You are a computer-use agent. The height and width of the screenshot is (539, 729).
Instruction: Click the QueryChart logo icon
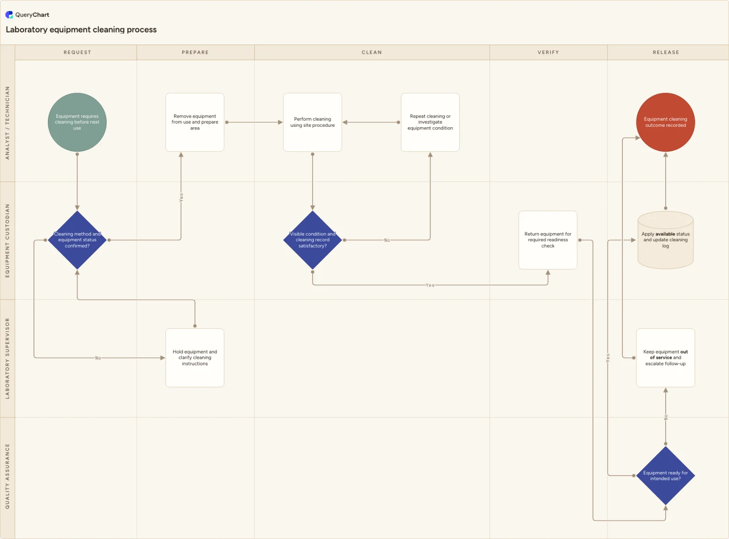pos(9,15)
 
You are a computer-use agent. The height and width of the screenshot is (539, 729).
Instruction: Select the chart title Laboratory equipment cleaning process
pos(81,30)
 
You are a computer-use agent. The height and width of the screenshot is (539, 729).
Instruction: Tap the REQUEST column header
pos(77,52)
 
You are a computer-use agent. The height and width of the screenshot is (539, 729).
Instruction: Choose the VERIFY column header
pos(548,52)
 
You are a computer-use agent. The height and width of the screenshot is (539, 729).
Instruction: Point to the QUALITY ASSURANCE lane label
pos(7,476)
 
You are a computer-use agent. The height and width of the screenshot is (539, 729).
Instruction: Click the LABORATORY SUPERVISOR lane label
pos(7,358)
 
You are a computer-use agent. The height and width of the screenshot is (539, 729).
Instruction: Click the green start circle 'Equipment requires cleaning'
pos(77,122)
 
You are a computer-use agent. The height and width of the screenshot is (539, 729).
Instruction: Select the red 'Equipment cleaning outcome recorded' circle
pos(666,122)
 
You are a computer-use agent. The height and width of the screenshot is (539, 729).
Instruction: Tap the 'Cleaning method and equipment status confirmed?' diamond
pos(77,240)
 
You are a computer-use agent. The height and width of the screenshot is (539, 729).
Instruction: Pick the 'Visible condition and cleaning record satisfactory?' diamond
pos(313,240)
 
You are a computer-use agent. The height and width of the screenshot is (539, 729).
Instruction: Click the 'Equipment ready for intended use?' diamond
pos(666,476)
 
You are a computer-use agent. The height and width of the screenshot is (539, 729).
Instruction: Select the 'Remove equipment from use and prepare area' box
pos(195,122)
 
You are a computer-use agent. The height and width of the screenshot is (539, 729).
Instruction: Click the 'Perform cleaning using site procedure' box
pos(313,122)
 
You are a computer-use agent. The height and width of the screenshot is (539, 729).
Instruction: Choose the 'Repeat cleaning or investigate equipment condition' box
pos(430,122)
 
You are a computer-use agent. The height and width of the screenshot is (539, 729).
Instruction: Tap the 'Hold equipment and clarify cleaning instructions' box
pos(195,358)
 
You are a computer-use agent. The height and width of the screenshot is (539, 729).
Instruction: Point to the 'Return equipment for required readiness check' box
pos(548,240)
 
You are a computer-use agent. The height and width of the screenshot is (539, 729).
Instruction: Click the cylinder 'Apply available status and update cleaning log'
pos(666,240)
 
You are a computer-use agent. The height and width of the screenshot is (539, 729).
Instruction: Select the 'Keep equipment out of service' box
pos(666,358)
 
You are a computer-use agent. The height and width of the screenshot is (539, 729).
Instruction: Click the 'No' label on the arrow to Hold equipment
pos(98,358)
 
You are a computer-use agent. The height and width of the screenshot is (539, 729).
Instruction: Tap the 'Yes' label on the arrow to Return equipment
pos(430,285)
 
